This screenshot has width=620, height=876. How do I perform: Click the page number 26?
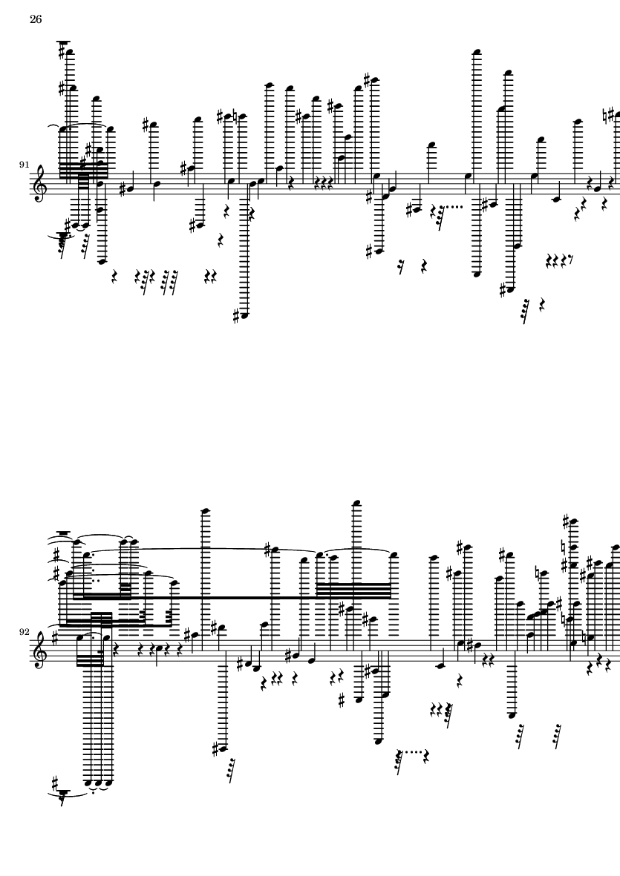point(36,19)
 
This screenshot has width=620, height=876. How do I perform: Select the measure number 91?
point(24,164)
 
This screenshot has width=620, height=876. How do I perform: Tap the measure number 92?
point(24,632)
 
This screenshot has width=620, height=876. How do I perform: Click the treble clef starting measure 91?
point(39,185)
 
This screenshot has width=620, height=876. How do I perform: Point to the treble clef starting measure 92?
point(39,652)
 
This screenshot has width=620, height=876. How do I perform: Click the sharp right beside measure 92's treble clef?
point(55,635)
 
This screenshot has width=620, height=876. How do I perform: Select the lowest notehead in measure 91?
point(244,316)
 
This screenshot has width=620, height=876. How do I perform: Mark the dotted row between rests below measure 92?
point(414,752)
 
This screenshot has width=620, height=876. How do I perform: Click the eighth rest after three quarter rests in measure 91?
point(570,259)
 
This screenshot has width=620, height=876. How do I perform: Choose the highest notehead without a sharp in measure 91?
point(477,53)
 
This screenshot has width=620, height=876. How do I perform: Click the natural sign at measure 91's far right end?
point(610,115)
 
